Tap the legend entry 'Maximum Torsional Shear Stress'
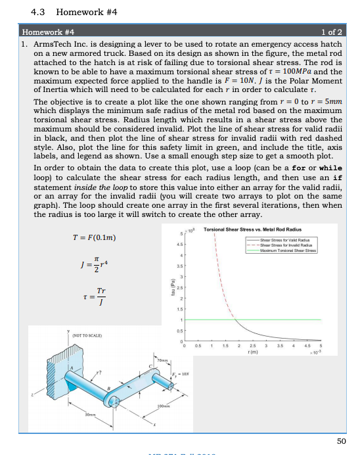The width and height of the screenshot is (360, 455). click(294, 250)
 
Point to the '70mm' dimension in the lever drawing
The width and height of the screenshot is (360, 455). click(163, 361)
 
